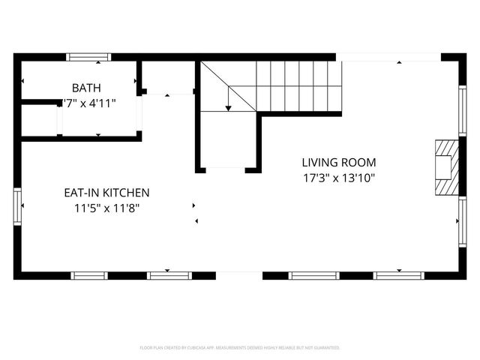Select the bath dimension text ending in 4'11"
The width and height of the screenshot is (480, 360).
coord(89,103)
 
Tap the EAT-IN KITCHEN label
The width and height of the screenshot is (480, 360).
coord(106,193)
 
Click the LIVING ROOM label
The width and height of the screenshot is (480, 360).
coord(339,162)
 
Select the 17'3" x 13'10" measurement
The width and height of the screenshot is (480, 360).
coord(339,178)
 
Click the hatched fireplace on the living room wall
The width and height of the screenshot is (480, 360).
coord(445,167)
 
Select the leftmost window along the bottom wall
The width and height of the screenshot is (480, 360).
coord(88,275)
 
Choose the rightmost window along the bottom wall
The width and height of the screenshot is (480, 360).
coord(399,275)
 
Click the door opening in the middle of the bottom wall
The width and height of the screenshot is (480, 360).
coord(239,275)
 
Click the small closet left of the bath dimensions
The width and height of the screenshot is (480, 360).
coord(39,118)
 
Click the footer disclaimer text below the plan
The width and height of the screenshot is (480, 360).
coord(240,348)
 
